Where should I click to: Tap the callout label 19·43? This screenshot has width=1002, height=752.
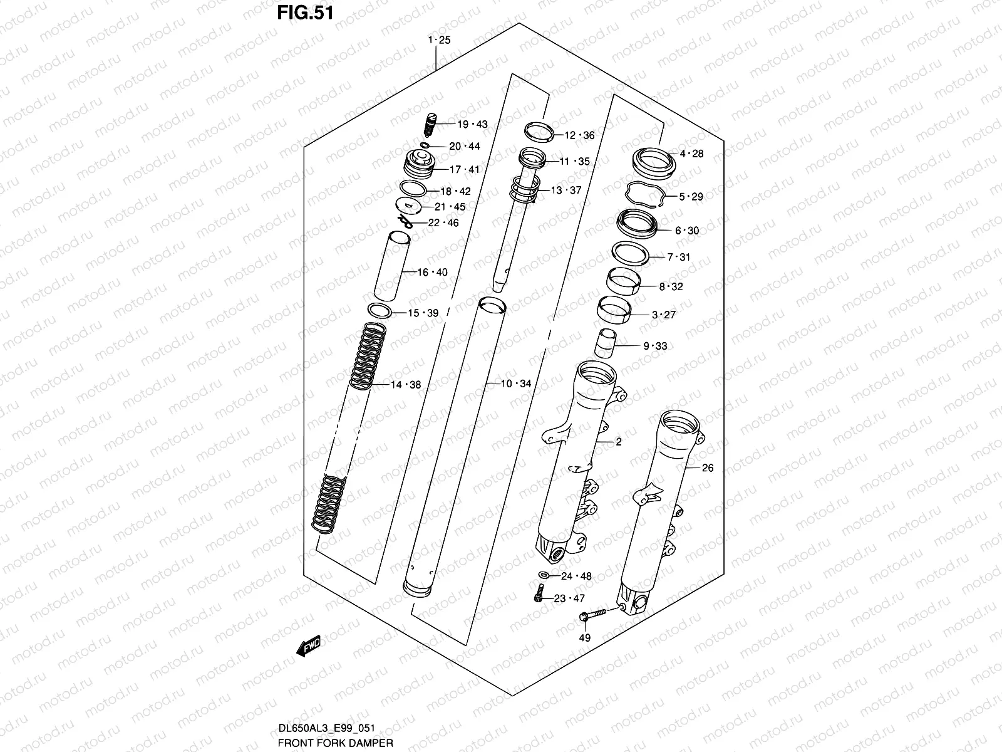(472, 124)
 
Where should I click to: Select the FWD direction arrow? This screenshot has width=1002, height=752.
(309, 645)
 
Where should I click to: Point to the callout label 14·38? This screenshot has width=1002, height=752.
(406, 385)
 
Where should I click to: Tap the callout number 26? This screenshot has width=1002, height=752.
(707, 467)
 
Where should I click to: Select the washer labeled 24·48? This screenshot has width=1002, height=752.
(544, 575)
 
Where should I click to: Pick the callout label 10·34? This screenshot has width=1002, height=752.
(515, 384)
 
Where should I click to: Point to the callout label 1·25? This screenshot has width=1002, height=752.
(439, 40)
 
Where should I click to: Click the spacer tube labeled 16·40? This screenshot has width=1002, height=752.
(392, 266)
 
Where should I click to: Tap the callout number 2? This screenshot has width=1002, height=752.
(618, 442)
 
